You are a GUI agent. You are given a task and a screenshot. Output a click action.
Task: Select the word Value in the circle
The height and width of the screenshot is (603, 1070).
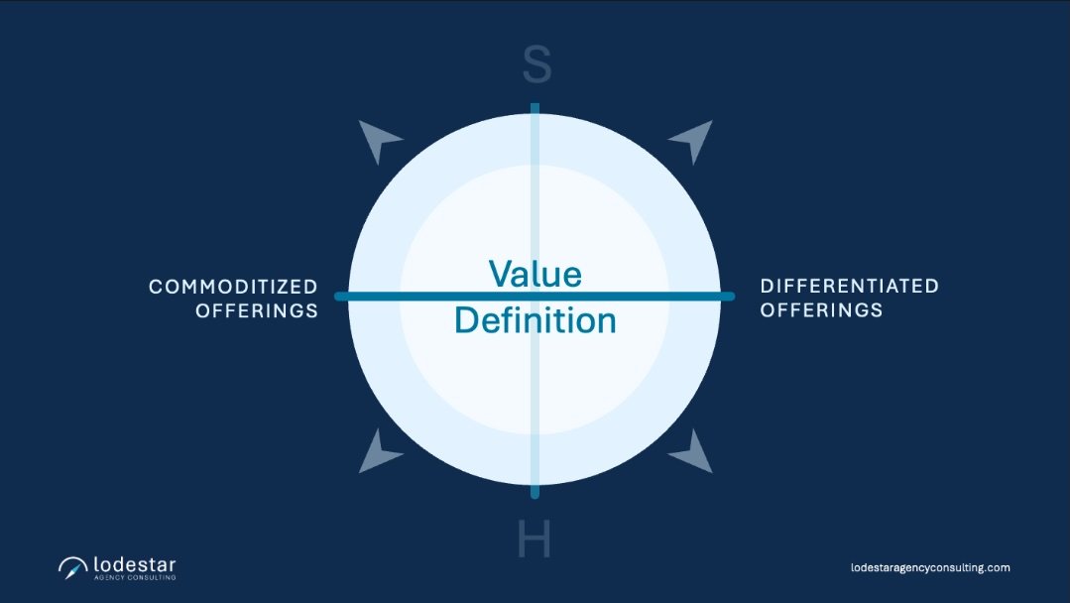(x=535, y=274)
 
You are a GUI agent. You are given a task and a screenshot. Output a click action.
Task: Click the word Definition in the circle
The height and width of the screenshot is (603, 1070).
(x=535, y=320)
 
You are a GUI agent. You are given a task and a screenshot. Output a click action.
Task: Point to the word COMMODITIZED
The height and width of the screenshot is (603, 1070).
(x=233, y=287)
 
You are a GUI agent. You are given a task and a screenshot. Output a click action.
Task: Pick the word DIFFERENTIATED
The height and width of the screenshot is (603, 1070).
(x=849, y=286)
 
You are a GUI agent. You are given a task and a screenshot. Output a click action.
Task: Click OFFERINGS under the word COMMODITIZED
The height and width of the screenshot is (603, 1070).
(x=257, y=310)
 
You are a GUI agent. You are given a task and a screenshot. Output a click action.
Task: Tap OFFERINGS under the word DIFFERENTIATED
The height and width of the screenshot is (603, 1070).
(x=821, y=309)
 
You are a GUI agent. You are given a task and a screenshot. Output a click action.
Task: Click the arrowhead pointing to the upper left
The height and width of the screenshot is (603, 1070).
(x=378, y=140)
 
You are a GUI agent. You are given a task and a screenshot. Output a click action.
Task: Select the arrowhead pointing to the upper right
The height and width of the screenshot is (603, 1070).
(x=692, y=140)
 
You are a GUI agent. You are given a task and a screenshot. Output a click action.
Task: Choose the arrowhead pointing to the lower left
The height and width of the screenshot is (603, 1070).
(x=378, y=451)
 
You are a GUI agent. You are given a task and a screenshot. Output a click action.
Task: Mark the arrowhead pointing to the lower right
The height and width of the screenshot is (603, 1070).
(x=692, y=451)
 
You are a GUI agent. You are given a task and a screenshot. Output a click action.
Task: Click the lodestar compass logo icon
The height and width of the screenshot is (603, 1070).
(x=72, y=567)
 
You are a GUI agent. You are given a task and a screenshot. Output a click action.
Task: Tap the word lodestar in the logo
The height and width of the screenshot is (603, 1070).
(x=135, y=563)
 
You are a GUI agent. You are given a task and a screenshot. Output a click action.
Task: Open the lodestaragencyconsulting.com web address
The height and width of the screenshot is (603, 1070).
(x=930, y=567)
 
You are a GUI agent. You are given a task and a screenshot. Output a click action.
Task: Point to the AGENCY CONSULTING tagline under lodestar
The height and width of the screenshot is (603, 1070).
(x=135, y=577)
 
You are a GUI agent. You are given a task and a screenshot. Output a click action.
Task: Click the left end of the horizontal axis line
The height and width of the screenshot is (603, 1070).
(x=340, y=297)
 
